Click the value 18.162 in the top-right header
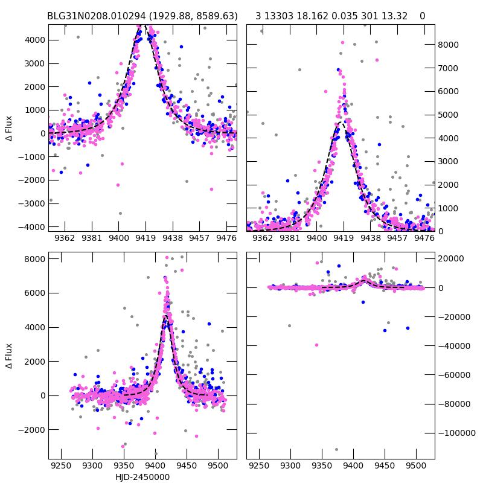(313, 16)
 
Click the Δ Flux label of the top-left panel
(8, 129)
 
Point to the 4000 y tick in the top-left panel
(34, 40)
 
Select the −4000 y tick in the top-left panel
(31, 227)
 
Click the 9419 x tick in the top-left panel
(146, 238)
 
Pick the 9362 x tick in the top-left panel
(65, 238)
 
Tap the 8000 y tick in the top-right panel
(449, 45)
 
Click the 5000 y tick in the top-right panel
(449, 115)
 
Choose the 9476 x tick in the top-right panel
(424, 238)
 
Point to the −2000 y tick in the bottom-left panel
(31, 430)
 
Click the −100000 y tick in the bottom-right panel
(456, 433)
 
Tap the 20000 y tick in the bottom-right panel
(452, 258)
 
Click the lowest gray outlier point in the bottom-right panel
(336, 449)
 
